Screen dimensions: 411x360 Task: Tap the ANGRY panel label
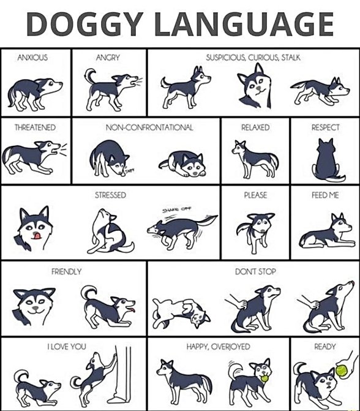coord(108,57)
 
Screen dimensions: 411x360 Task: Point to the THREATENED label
coord(35,127)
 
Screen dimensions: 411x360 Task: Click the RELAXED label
coord(255,127)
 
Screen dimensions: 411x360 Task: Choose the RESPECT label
coord(325,127)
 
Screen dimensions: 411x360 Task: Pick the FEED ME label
coord(325,195)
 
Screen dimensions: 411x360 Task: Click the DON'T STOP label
coord(255,271)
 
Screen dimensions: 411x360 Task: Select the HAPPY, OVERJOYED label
coord(218,346)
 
